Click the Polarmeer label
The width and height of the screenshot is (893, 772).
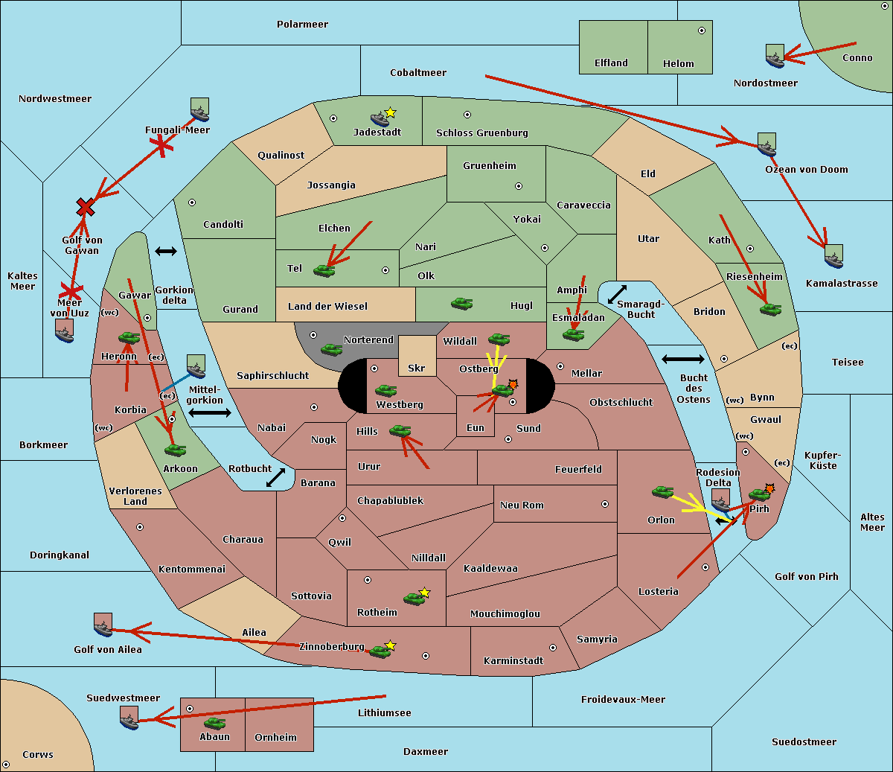coord(302,25)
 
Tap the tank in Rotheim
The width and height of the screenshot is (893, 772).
coord(414,599)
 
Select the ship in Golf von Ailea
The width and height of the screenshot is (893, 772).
coord(103,625)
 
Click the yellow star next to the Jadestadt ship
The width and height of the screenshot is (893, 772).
coord(391,113)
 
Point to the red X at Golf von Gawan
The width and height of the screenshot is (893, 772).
coord(85,208)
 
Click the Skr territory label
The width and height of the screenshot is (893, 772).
coord(416,368)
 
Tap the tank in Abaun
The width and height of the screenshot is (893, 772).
coord(214,723)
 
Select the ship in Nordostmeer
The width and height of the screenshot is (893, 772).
coord(775,56)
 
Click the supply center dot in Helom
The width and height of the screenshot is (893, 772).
coord(702,31)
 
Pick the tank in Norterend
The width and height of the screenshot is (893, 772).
coord(331,349)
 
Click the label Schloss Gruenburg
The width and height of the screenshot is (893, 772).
coord(482,133)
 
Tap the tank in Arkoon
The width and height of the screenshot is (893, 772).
coord(176,450)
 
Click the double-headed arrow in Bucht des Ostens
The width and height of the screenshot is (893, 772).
coord(683,359)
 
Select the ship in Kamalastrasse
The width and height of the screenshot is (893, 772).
coord(833,256)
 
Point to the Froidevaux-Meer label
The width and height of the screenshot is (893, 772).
coord(623,699)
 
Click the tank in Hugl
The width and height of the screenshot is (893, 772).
coord(461,304)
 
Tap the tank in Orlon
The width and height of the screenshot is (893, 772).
coord(663,492)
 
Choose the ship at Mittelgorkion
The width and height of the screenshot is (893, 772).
coord(196,366)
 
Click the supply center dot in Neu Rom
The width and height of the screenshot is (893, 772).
coord(605,504)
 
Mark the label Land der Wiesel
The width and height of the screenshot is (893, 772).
coord(327,307)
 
